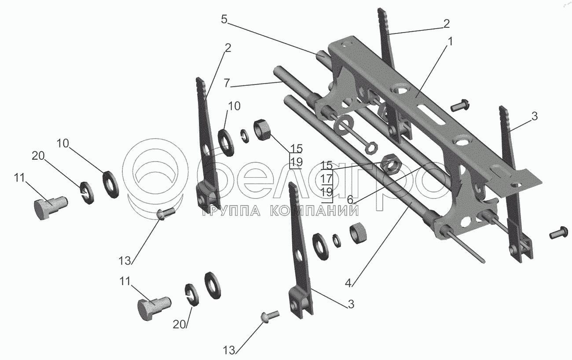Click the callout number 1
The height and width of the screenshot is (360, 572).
[x=450, y=42]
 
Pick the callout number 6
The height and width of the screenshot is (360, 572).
[x=350, y=199]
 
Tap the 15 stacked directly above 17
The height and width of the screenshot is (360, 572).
[x=326, y=165]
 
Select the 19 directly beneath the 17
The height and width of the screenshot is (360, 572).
[x=326, y=192]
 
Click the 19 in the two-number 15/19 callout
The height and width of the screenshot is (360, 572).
[x=296, y=162]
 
